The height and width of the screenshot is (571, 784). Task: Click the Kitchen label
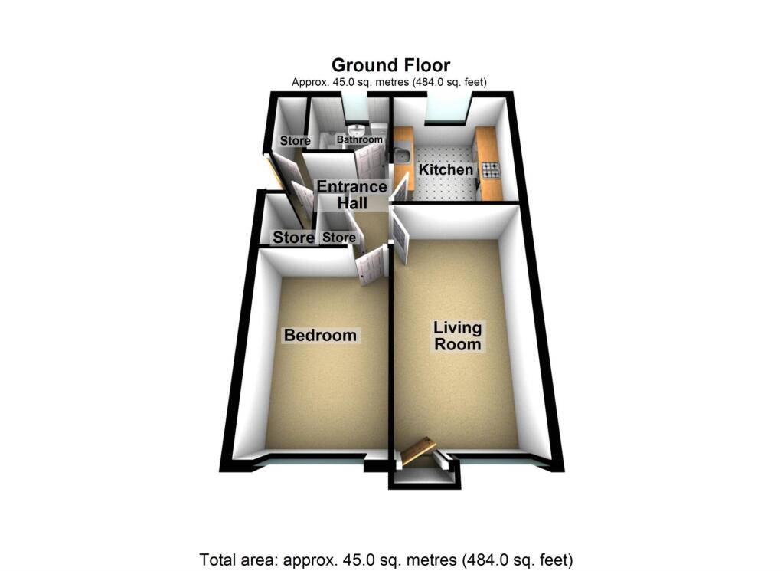446,169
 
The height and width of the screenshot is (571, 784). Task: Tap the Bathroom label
360,140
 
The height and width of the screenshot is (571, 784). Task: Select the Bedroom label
320,335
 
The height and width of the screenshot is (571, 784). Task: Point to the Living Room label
458,336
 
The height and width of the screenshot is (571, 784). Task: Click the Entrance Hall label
352,195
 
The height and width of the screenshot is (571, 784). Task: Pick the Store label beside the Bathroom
295,141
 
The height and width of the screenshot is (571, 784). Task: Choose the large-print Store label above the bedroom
294,238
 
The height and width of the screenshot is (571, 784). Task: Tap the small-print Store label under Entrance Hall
338,238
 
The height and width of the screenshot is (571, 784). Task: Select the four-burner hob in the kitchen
490,171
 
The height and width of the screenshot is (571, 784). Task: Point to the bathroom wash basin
358,130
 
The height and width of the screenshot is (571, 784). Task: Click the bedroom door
371,265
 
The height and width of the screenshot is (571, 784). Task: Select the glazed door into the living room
400,238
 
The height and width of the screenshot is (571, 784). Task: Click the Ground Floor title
390,64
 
